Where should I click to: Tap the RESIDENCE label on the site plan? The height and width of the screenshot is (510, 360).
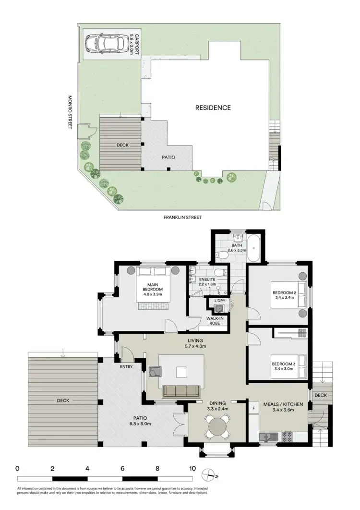(213, 108)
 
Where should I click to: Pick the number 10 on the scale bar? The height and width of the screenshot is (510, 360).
(192, 468)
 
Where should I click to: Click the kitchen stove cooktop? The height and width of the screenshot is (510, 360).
(288, 437)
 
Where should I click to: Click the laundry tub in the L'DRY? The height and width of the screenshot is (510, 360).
(220, 308)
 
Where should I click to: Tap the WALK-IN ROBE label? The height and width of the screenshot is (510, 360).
(216, 321)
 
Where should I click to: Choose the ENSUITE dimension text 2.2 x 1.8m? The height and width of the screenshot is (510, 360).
(201, 285)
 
